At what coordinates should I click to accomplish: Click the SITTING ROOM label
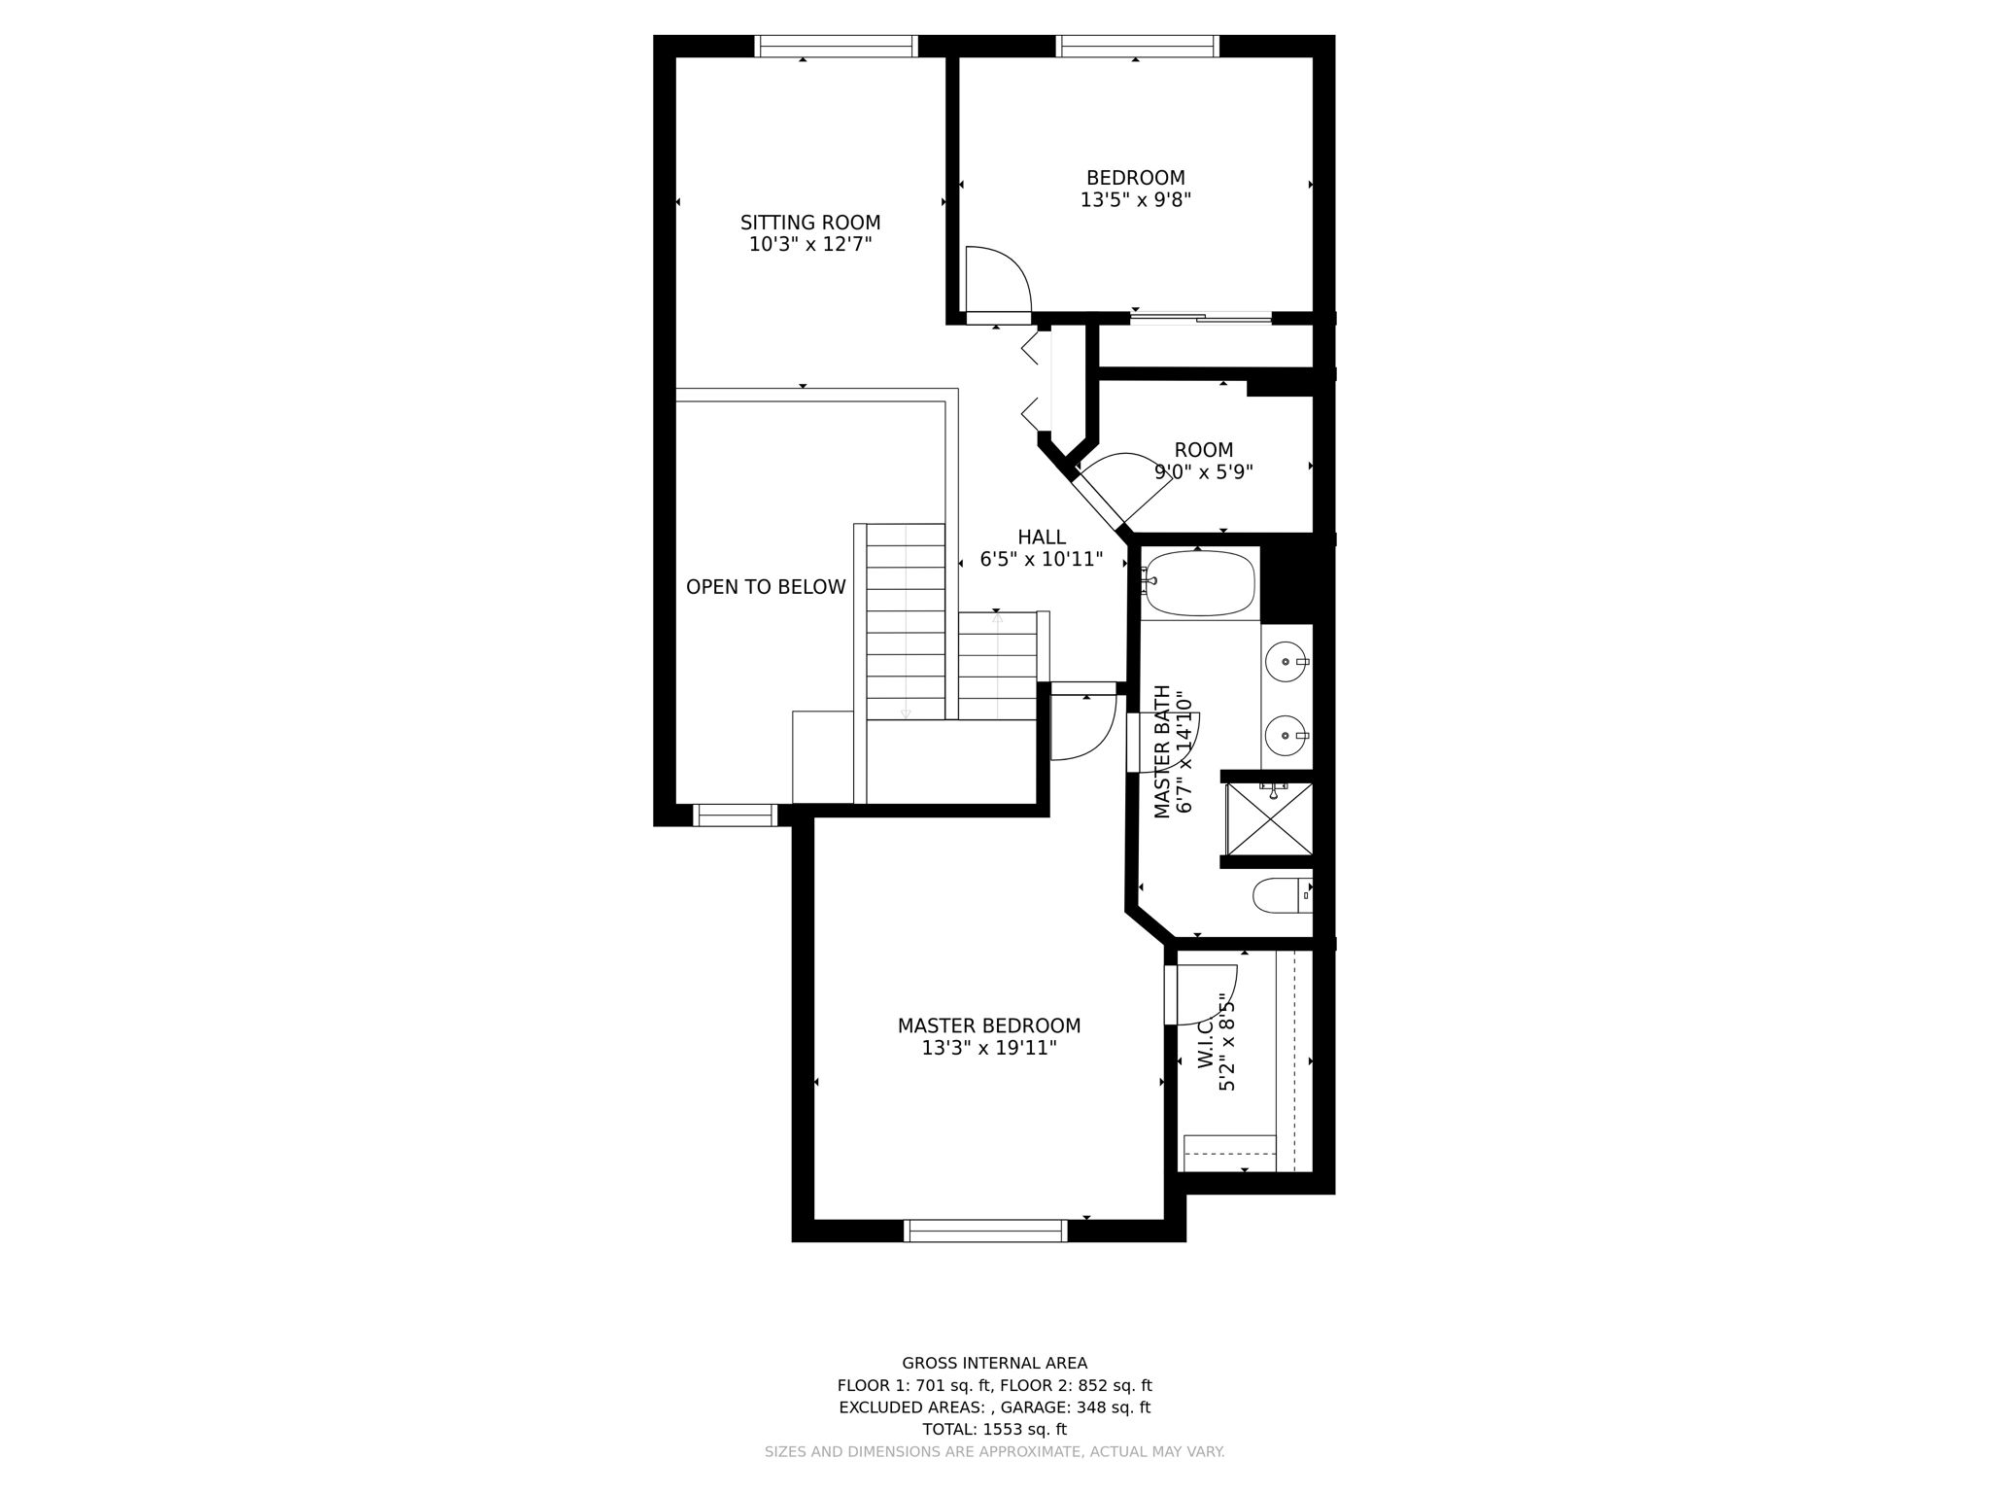pyautogui.click(x=810, y=223)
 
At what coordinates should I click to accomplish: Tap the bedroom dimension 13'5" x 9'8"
pyautogui.click(x=1135, y=200)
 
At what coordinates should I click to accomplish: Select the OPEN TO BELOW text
pyautogui.click(x=766, y=587)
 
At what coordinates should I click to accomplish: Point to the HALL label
pyautogui.click(x=1042, y=538)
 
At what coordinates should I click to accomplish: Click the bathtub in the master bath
pyautogui.click(x=1198, y=583)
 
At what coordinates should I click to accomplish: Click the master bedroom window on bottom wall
pyautogui.click(x=985, y=1231)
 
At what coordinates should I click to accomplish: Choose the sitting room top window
pyautogui.click(x=836, y=46)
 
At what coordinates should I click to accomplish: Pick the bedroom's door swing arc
pyautogui.click(x=1001, y=277)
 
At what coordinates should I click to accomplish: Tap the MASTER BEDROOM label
pyautogui.click(x=988, y=1026)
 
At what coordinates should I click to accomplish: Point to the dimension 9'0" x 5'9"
pyautogui.click(x=1203, y=472)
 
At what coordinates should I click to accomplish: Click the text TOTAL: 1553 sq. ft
pyautogui.click(x=994, y=1430)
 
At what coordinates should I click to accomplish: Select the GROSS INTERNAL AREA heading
pyautogui.click(x=994, y=1364)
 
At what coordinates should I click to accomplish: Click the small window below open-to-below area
pyautogui.click(x=735, y=815)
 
